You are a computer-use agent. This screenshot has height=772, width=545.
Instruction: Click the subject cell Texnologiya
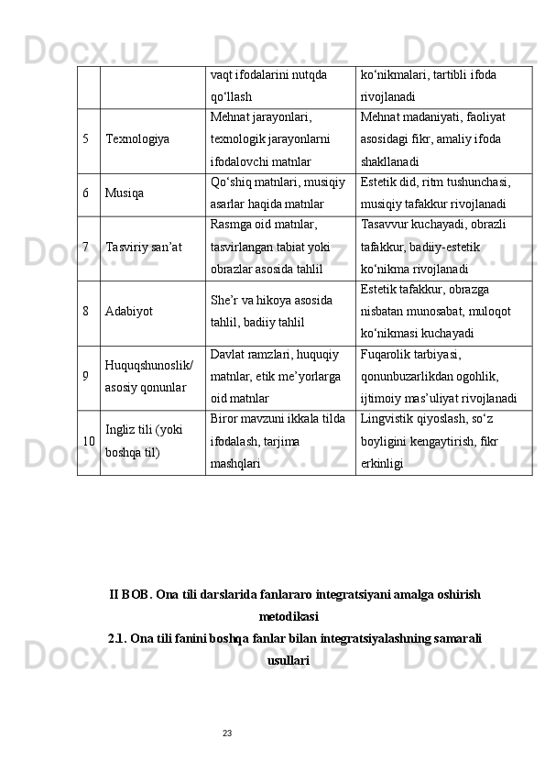pos(137,140)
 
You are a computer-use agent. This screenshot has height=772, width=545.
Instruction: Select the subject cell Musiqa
pos(125,194)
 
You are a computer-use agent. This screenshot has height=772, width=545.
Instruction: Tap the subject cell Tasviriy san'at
pos(144,248)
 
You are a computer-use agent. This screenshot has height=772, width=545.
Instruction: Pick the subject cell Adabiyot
pos(128,311)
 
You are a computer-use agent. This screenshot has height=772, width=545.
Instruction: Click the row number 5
pos(85,140)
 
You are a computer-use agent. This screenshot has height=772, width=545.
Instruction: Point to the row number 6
pos(85,194)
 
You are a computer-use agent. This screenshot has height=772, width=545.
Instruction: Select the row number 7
pos(85,248)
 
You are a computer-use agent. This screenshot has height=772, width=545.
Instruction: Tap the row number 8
pos(85,311)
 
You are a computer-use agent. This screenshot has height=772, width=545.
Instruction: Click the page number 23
pos(228,732)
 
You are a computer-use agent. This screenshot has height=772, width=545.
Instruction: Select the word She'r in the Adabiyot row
pos(223,299)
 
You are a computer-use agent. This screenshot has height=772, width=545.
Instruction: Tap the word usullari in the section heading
pos(289,659)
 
